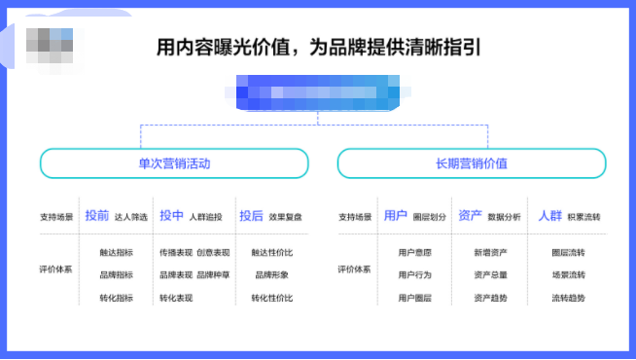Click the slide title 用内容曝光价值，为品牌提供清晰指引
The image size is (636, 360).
(319, 47)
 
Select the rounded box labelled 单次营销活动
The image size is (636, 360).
(174, 163)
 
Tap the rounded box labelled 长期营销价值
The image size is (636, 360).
(472, 163)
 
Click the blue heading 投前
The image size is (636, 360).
(97, 216)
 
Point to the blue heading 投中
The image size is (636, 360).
(171, 216)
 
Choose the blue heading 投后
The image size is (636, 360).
(251, 216)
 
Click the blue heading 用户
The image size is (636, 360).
(396, 216)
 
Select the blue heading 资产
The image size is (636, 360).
(470, 216)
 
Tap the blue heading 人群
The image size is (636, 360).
(550, 216)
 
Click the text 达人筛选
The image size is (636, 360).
(130, 217)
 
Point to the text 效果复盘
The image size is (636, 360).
(286, 217)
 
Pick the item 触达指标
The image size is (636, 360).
(116, 252)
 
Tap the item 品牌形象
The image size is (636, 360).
(271, 274)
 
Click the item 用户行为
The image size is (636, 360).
(415, 274)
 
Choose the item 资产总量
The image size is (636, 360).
(490, 274)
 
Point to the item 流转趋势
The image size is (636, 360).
(568, 298)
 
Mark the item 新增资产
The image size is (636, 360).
(490, 252)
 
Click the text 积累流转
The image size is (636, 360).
(583, 217)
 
